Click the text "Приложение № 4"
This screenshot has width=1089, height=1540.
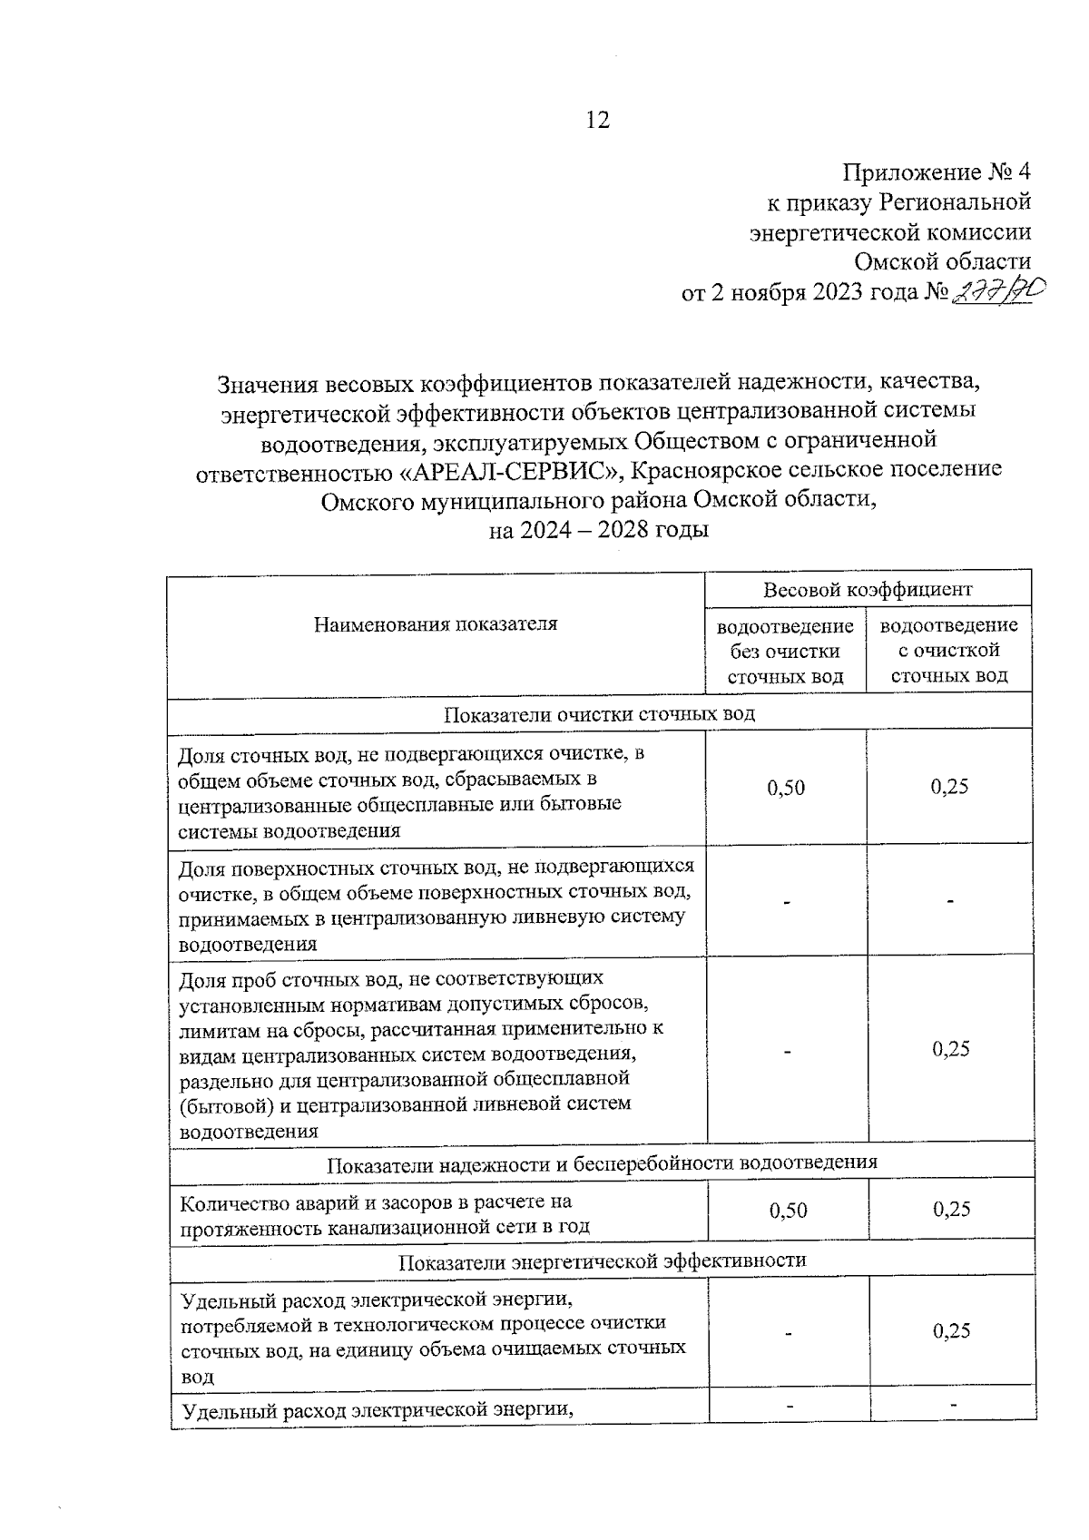937,172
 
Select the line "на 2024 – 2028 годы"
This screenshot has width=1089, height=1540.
598,529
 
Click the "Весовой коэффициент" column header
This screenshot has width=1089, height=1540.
868,589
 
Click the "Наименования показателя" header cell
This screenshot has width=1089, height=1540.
436,624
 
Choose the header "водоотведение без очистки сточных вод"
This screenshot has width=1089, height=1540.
786,651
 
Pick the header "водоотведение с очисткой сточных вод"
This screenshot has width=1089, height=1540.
949,651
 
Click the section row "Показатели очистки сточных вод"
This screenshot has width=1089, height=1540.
599,713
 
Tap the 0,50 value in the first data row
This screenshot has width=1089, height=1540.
786,788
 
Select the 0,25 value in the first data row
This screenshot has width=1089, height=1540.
949,787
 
